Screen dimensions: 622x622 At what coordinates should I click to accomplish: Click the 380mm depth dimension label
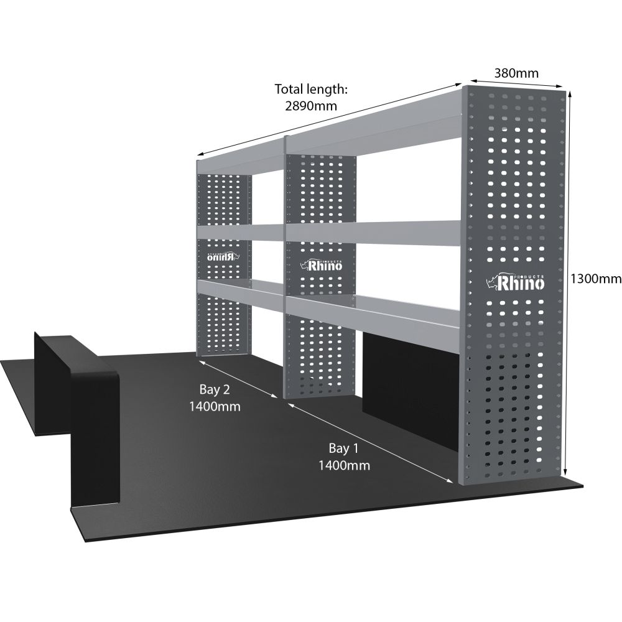coord(516,73)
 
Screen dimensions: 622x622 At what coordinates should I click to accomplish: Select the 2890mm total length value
coord(311,105)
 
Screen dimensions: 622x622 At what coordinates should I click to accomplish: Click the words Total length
coord(311,90)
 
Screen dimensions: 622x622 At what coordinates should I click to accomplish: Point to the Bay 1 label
coord(343,448)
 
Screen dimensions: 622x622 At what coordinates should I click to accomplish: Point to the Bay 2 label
coord(215,390)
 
